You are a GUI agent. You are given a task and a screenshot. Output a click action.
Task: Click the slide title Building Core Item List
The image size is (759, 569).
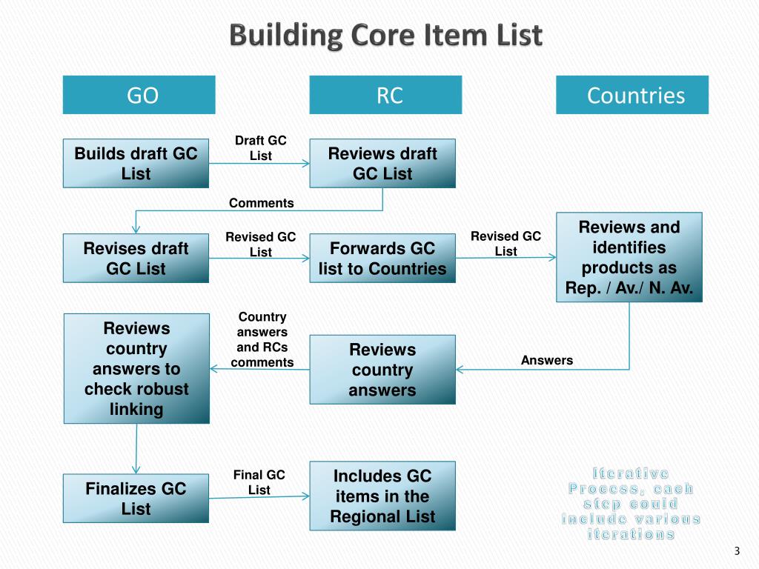coord(385,36)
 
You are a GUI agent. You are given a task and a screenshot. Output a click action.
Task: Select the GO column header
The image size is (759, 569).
coord(139,95)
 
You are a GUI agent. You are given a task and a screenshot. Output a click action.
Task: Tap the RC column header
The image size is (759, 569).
coord(385,95)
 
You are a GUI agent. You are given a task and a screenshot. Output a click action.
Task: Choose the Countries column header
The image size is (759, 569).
coord(632,95)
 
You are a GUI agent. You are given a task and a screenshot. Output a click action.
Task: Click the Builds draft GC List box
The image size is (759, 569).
coord(136,164)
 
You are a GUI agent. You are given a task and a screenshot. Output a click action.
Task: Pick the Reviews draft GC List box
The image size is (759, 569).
coord(382,164)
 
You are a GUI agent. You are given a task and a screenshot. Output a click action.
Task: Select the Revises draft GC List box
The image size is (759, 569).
coord(136,258)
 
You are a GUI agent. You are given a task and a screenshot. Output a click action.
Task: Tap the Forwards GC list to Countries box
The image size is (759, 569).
coord(382,258)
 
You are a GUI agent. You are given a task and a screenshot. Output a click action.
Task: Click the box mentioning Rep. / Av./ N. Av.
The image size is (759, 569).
coord(629,257)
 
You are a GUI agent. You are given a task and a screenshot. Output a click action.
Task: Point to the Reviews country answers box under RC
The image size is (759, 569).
coord(382,369)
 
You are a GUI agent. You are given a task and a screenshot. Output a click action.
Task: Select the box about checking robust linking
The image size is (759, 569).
coord(136,368)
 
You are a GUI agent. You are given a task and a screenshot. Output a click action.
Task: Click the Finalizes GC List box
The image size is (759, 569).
coord(136,499)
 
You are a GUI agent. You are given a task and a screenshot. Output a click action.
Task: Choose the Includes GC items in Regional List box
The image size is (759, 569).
coord(382,496)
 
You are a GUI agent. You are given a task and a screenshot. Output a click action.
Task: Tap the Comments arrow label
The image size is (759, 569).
coord(261,203)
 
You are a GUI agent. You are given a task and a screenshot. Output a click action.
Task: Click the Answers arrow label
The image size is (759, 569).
coord(547,360)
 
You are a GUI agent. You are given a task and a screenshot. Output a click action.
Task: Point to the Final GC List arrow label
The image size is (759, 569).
coord(259,482)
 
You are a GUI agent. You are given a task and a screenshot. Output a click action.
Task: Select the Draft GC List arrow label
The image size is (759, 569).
coord(260,148)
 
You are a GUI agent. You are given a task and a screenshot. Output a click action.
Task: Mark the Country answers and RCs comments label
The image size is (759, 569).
coord(262,339)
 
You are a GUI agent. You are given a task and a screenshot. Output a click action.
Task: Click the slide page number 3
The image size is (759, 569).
coord(737,550)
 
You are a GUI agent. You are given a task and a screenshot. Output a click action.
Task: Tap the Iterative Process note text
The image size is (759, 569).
coord(631,503)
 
